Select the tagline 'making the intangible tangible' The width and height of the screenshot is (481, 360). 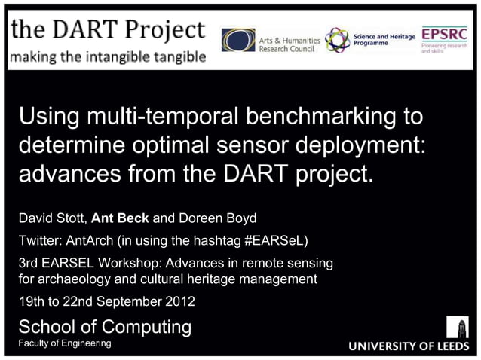pos(107,56)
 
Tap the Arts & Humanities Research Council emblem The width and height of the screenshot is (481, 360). pos(237,40)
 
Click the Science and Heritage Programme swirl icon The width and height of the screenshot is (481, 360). pos(337,40)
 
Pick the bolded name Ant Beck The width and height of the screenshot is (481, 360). pos(121,219)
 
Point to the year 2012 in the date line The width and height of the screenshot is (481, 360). pos(179,302)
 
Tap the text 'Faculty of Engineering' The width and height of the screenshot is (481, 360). pos(64,343)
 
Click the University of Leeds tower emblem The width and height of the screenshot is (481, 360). pos(457,327)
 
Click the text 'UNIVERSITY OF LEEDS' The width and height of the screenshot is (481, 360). pos(408,347)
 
